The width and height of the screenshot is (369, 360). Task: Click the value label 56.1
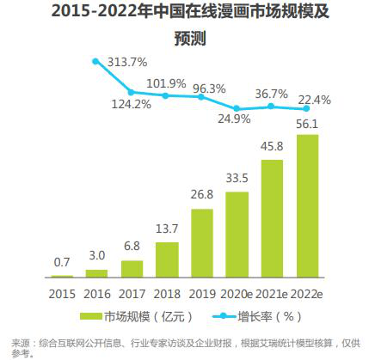[x=307, y=122]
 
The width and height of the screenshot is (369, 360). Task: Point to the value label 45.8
[x=272, y=144]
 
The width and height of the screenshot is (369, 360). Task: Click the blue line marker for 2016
[x=96, y=61]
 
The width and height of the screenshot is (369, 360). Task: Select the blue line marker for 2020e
[x=237, y=108]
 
